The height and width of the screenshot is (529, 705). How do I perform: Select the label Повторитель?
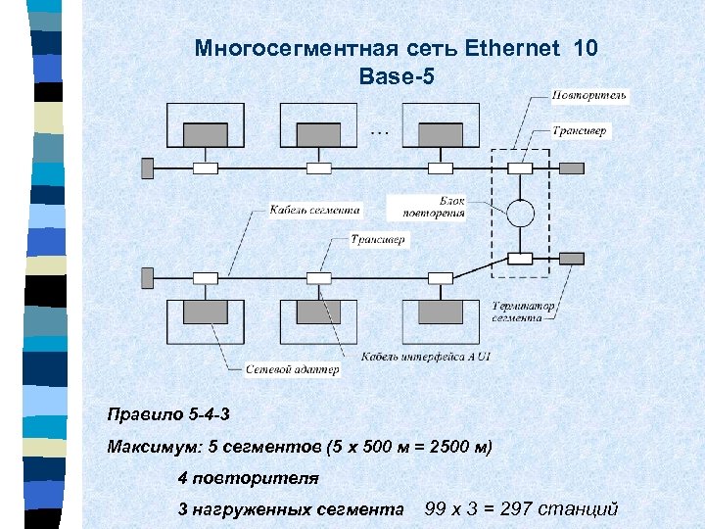(589, 95)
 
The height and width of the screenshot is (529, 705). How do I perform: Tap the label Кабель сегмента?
(315, 209)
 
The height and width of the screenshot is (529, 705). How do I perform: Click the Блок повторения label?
(430, 206)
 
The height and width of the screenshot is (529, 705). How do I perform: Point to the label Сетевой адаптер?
(292, 369)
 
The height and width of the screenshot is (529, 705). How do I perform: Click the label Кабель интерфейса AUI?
(426, 356)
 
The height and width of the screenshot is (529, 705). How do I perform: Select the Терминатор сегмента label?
(524, 312)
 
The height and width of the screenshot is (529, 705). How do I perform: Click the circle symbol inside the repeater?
(520, 213)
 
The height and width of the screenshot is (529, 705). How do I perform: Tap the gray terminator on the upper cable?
(148, 168)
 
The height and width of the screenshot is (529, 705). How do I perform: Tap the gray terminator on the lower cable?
(148, 278)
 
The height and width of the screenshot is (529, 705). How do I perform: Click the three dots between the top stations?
(380, 129)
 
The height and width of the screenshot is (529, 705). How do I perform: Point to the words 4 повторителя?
(249, 478)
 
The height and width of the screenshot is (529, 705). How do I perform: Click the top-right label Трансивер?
(580, 130)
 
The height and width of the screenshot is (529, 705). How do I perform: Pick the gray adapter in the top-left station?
(206, 133)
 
